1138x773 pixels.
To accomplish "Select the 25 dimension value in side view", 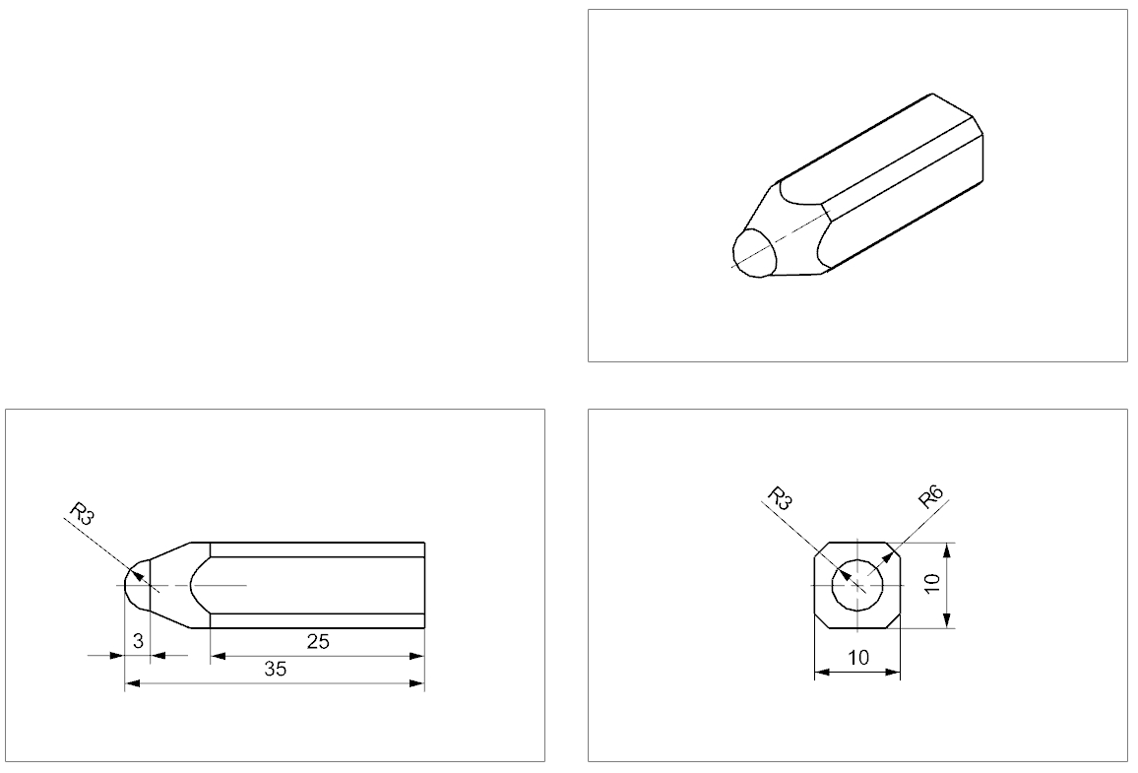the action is pos(318,642).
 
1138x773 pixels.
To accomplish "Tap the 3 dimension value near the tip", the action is pos(139,641).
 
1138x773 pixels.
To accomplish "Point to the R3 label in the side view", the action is pos(82,514).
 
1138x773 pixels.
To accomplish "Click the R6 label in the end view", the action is pos(930,498).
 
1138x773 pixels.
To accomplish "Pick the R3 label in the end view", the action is pos(780,498).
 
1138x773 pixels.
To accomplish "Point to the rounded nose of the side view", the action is pos(127,585).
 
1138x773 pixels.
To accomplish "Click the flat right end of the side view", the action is pos(424,585).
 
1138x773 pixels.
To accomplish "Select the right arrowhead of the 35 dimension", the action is pos(416,683).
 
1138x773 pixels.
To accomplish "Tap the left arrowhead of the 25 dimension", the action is pos(218,656).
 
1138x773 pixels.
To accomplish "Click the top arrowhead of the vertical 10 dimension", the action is pos(946,549).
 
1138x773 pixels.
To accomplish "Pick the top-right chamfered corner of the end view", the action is pos(894,548).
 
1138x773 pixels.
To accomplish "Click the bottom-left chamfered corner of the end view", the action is pos(822,621).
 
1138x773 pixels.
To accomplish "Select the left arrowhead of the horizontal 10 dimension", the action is pos(822,673).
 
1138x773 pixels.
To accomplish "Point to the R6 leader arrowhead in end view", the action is pos(887,556).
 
